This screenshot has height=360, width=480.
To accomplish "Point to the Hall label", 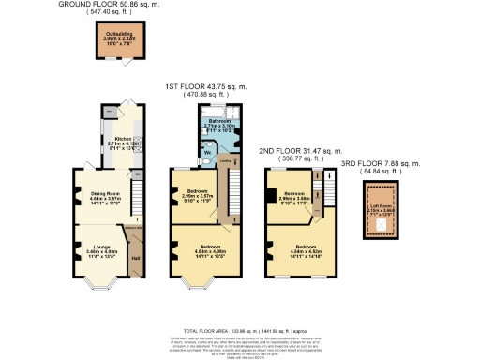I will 135,258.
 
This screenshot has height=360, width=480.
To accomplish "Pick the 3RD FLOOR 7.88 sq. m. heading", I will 380,163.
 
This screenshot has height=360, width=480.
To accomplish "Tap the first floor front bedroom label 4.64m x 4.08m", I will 205,250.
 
